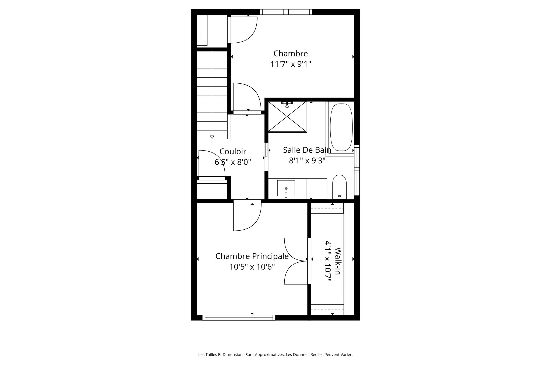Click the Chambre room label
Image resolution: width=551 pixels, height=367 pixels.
tap(291, 54)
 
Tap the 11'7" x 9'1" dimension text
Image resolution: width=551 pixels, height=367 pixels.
tap(291, 64)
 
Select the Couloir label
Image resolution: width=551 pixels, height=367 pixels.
tap(233, 152)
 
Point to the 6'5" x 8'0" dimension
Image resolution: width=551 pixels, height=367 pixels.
tap(233, 162)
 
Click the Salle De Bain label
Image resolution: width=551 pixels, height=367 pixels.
tap(307, 150)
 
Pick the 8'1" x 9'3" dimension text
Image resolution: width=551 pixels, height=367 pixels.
tap(307, 161)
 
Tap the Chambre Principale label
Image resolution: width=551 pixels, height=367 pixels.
tap(252, 256)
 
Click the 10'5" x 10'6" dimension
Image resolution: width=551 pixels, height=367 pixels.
tap(252, 267)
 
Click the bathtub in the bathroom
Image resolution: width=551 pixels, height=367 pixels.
tap(341, 127)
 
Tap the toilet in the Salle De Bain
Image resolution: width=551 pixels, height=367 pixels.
tap(339, 187)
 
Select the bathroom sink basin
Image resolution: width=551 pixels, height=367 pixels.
tap(286, 188)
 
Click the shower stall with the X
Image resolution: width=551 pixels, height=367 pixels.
tap(287, 117)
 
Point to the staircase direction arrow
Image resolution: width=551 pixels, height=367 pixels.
tap(212, 137)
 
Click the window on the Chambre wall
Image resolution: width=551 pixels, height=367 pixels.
tap(286, 12)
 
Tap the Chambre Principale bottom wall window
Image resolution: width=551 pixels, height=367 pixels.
tap(239, 318)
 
